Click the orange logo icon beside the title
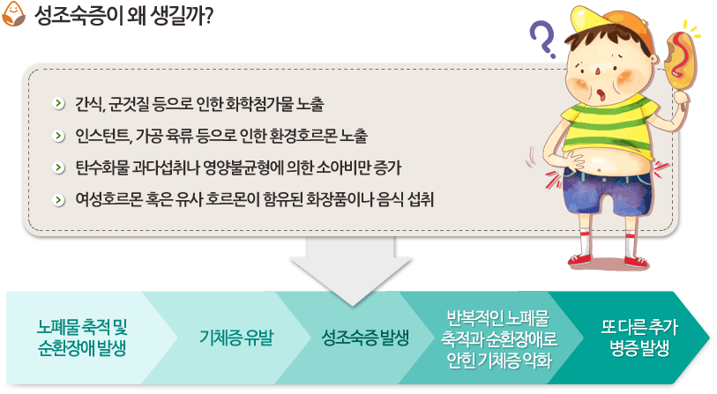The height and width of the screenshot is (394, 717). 13,14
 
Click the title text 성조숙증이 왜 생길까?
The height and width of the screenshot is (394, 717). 123,15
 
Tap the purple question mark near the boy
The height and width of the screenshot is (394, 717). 542,40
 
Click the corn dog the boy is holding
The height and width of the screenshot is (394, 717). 679,62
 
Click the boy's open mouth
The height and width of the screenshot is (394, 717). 601,95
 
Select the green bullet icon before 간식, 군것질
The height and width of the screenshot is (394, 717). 58,104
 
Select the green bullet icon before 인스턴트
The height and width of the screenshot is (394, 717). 58,136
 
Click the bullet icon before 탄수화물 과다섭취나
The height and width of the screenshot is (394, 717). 58,167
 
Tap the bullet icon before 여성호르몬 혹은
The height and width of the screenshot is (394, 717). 58,200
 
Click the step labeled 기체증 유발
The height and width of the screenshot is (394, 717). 236,338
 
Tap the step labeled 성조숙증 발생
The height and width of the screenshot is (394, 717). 365,338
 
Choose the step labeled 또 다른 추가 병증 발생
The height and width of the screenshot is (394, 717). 639,338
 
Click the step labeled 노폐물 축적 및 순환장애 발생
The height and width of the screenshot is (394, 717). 82,338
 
